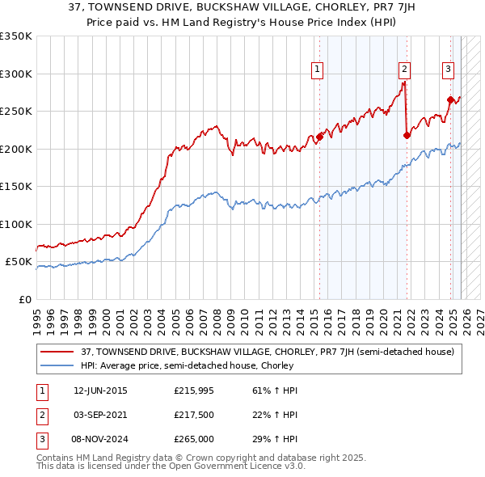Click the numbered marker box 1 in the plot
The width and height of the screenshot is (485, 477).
[x=318, y=70]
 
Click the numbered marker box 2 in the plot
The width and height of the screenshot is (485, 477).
[x=404, y=70]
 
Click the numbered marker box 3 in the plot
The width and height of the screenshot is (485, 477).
[x=448, y=70]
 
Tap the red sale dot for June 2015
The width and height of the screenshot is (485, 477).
[x=319, y=137]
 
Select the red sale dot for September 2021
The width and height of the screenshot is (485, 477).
[x=406, y=136]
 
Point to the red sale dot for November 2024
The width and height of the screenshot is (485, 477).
[x=450, y=100]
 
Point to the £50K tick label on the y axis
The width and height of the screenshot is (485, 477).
[x=19, y=262]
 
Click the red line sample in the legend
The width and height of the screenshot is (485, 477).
[x=57, y=352]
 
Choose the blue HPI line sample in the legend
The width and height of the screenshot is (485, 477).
[x=57, y=365]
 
